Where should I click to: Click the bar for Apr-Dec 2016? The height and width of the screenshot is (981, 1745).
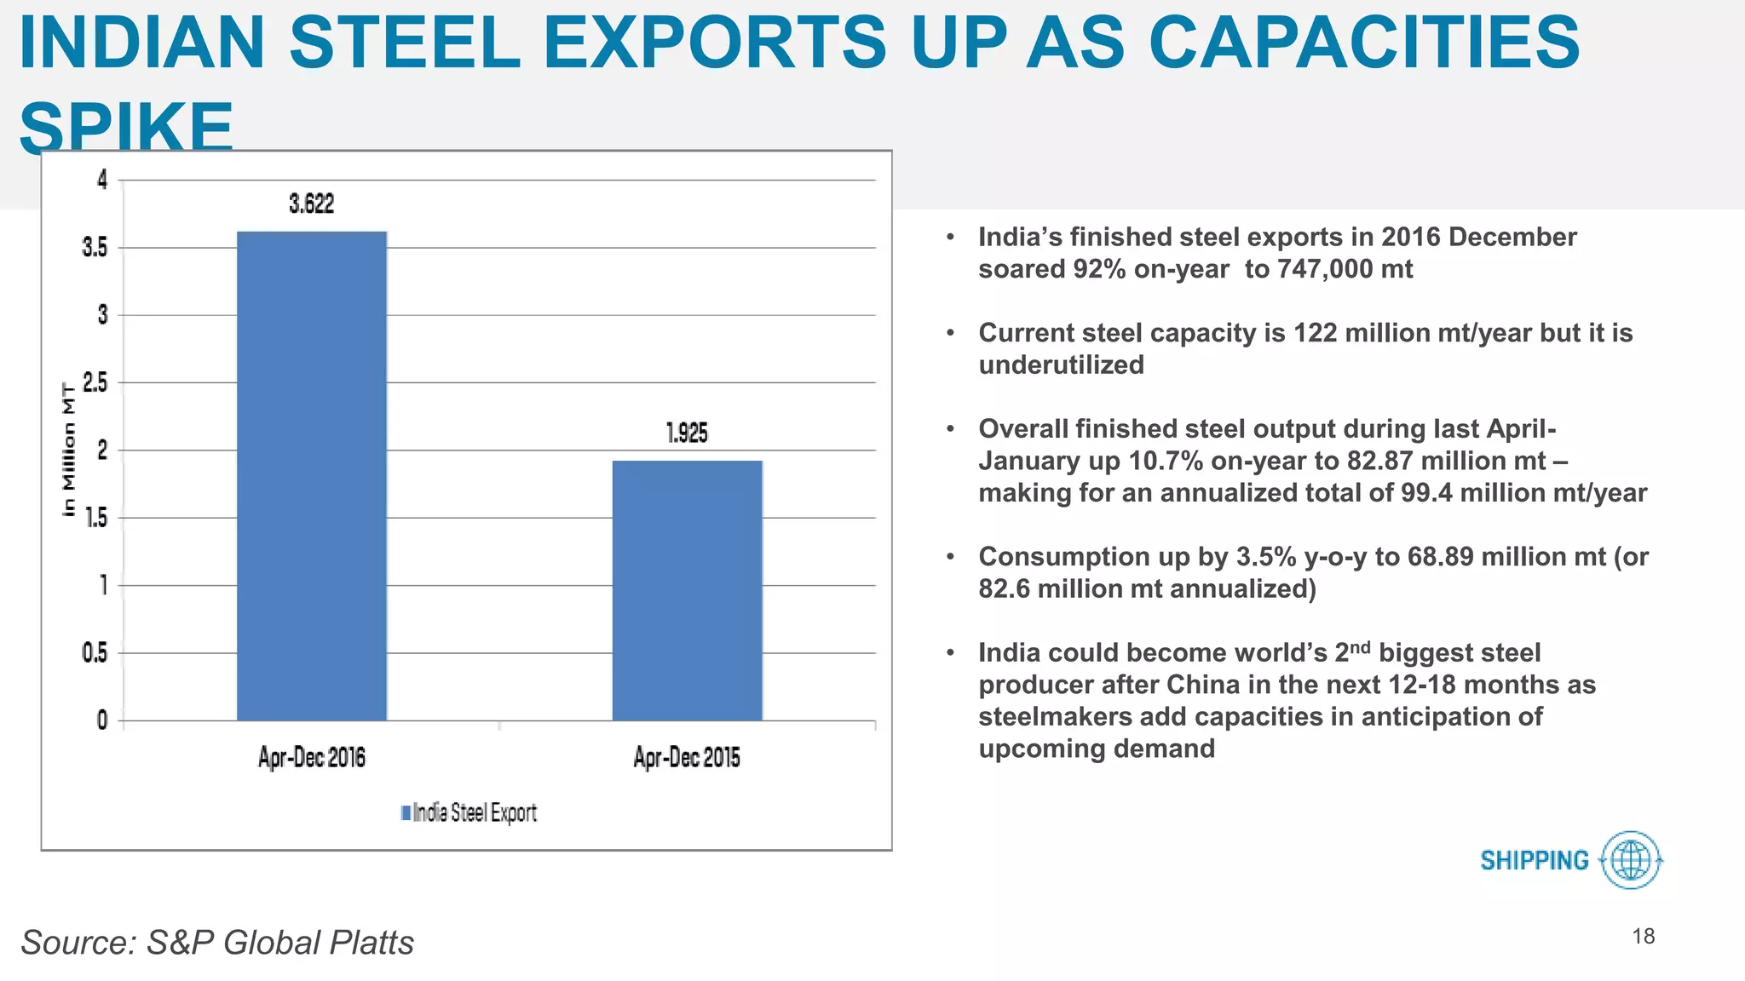click(312, 477)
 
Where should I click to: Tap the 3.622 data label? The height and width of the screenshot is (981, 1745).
click(312, 204)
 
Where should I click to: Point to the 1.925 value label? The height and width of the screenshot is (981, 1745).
click(687, 433)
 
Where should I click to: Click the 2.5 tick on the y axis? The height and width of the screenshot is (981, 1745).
click(95, 383)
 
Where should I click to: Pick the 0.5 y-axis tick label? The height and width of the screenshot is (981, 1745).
click(95, 653)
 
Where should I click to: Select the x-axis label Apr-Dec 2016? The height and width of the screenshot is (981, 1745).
click(312, 757)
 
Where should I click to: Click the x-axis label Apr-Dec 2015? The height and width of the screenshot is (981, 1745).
click(687, 757)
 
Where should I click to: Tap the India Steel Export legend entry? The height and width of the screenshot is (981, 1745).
click(469, 813)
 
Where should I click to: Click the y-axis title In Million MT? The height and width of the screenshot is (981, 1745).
click(69, 450)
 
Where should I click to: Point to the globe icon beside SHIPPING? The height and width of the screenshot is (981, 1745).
click(1631, 860)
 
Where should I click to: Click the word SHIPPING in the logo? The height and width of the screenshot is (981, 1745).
click(1535, 861)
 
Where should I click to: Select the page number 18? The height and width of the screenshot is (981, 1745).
click(1643, 937)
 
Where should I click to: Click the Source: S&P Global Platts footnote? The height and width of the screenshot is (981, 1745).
click(217, 943)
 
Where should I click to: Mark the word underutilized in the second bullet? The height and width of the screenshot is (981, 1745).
click(1061, 365)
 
